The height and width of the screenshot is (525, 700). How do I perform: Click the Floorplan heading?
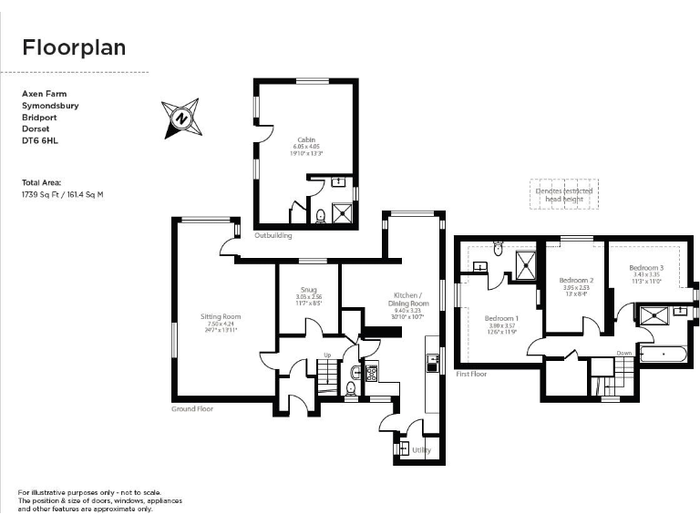[74, 47]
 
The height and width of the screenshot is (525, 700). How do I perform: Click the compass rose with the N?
[181, 118]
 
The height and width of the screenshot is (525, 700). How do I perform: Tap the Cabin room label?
[305, 139]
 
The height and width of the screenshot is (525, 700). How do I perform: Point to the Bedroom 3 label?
[646, 267]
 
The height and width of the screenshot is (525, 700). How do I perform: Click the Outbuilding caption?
[273, 235]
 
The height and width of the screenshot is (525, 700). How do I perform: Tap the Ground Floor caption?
[192, 409]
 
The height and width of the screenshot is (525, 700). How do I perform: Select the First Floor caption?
[471, 374]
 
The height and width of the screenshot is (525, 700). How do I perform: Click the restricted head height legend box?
[561, 195]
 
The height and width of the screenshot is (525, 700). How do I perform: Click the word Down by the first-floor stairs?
[623, 353]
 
